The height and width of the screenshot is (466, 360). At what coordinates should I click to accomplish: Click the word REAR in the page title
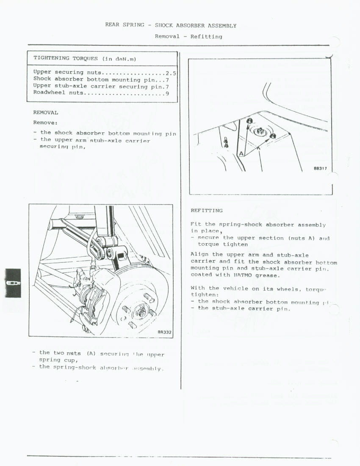click(x=113, y=25)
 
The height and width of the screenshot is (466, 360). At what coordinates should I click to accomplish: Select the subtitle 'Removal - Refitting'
click(x=188, y=36)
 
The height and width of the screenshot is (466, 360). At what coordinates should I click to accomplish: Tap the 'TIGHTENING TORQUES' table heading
click(x=66, y=58)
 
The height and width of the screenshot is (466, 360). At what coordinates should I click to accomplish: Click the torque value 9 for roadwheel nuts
click(x=167, y=94)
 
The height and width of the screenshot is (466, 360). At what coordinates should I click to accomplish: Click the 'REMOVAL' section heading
click(x=46, y=113)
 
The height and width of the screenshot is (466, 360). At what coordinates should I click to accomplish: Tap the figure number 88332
click(x=164, y=332)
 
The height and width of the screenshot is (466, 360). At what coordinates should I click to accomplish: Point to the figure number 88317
click(x=320, y=168)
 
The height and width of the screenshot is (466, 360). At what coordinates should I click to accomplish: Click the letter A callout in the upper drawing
click(x=241, y=153)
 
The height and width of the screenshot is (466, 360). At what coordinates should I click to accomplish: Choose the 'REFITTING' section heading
click(x=206, y=211)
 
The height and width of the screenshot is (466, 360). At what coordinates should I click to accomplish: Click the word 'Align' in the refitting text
click(x=199, y=255)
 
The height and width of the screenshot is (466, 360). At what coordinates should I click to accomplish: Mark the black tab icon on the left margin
click(x=13, y=283)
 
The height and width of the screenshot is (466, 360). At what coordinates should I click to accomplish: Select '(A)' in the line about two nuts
click(x=91, y=353)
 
